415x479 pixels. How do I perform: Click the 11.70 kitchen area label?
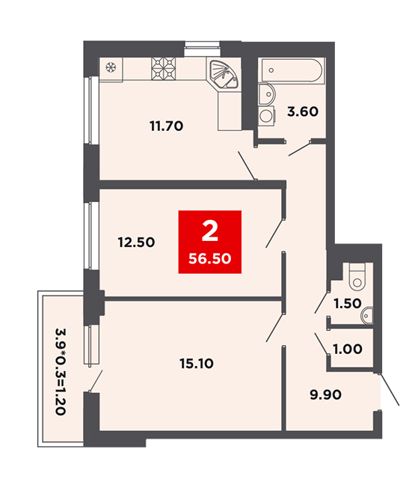tap(166, 126)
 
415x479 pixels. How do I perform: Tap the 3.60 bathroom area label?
tap(302, 112)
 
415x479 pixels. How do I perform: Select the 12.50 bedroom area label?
tap(136, 242)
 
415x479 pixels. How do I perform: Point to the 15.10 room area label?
tap(197, 364)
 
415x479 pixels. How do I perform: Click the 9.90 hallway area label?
tap(325, 394)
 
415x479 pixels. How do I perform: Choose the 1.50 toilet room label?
tap(348, 303)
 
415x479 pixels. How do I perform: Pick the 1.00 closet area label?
tap(348, 349)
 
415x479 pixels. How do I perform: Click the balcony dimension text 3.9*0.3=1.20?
tap(61, 371)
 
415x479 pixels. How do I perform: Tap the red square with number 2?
tap(210, 242)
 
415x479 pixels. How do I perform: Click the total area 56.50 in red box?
tap(210, 259)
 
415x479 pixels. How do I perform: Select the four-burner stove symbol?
tap(164, 69)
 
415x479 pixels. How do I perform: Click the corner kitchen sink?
tap(224, 74)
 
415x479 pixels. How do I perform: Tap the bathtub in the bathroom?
tap(292, 70)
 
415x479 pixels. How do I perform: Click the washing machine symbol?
tap(267, 115)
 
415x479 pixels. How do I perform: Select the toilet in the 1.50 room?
tap(357, 277)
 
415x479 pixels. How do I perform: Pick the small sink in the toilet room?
tap(367, 314)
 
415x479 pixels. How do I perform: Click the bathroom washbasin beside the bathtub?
tap(266, 93)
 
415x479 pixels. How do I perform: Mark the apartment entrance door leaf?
tap(390, 389)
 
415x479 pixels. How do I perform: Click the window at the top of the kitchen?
tap(202, 49)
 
